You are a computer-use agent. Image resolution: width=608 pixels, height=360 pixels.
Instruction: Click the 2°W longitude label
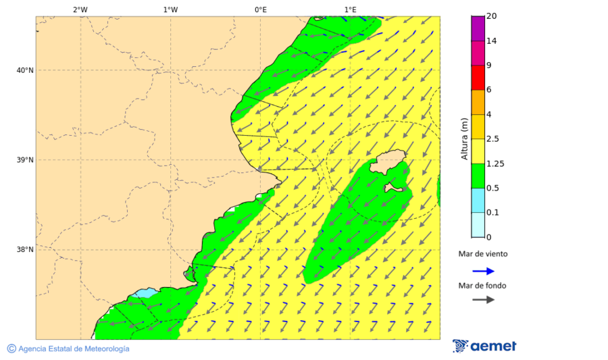pos(80,9)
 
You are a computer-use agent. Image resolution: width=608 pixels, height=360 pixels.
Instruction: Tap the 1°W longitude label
pos(170,9)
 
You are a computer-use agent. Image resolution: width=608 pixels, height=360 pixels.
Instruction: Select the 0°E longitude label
pos(260,9)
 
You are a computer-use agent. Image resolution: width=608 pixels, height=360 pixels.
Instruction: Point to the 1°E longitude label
pos(350,9)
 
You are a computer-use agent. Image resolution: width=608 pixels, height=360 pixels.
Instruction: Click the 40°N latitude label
pos(25,70)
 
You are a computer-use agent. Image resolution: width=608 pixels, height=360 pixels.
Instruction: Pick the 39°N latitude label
pos(25,160)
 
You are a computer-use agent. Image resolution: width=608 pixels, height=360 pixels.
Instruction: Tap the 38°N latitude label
pos(25,250)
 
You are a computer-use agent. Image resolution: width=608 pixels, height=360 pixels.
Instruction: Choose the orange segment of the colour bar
pos(478,102)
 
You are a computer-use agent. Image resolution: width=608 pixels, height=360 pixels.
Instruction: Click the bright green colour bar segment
pos(478,176)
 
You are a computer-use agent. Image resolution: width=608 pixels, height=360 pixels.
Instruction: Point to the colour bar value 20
pos(491,16)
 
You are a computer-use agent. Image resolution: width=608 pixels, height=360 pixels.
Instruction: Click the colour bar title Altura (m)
pos(464,138)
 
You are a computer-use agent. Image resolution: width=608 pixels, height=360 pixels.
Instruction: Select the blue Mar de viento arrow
pos(483,271)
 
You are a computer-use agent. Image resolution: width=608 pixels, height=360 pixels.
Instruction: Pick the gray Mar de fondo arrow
pos(483,299)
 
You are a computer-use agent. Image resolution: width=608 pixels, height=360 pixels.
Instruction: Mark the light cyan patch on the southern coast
pos(143,294)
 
